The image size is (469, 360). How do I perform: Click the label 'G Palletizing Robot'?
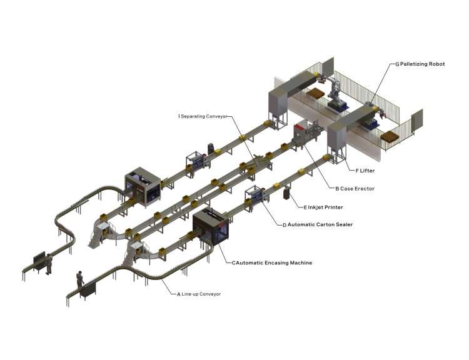point(420,64)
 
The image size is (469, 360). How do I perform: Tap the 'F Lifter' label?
point(365,171)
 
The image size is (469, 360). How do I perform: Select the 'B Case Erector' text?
point(355,189)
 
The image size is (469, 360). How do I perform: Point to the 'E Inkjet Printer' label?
point(323,207)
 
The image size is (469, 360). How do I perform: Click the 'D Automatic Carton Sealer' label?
point(318,224)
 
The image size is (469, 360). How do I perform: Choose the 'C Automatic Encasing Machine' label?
point(272,263)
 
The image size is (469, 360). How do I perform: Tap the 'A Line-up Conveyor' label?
point(199,294)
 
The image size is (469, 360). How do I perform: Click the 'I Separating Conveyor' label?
point(203,116)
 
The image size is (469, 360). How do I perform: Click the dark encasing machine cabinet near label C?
point(211,227)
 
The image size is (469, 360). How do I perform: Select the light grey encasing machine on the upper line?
point(143,187)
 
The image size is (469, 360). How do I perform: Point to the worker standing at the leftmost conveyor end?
point(49,264)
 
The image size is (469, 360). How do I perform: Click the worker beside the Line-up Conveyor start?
point(80,280)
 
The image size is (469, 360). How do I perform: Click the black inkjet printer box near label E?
point(286,193)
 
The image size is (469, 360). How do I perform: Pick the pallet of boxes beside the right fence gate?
point(390,137)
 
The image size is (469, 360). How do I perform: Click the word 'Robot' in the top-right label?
point(436,64)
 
